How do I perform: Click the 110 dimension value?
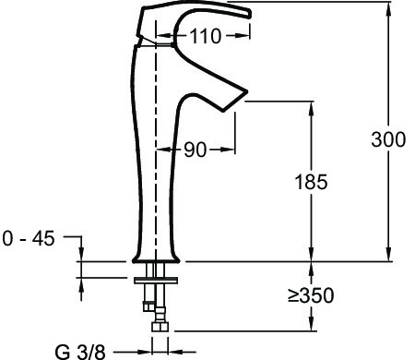pos(206,36)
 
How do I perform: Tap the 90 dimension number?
pos(196,150)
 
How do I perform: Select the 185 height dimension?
pos(311,182)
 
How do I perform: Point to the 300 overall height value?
pos(388,139)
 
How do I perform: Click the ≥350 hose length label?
pos(311,295)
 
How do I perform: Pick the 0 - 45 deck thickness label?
pos(29,238)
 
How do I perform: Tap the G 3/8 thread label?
pos(80,352)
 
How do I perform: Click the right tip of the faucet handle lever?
pos(250,14)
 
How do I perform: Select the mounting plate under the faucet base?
pos(156,281)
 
